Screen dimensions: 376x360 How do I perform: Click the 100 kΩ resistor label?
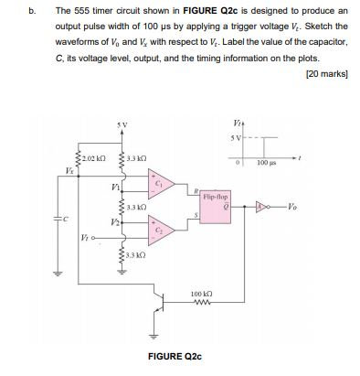click(x=202, y=294)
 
